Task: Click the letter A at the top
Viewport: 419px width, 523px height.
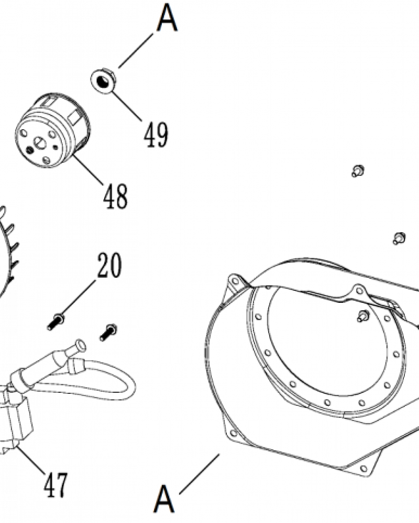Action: tap(167, 18)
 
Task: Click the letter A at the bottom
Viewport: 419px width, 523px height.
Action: tap(164, 499)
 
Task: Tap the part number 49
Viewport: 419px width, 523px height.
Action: tap(156, 135)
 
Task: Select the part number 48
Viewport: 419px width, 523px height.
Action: tap(115, 197)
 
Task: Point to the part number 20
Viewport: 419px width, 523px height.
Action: tap(109, 265)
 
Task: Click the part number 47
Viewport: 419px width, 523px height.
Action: tap(56, 485)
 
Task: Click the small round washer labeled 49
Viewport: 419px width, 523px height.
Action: tap(103, 81)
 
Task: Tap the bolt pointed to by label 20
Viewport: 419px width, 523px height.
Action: tap(56, 322)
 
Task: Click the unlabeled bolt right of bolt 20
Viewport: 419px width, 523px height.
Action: tap(108, 333)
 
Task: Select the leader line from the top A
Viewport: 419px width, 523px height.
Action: tap(136, 50)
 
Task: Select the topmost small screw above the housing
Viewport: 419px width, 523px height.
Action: tap(358, 171)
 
